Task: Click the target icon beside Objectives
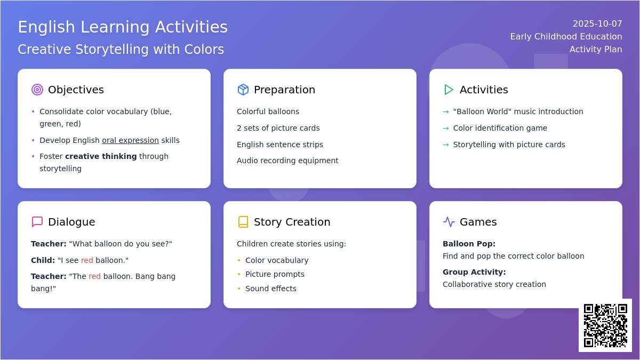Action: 37,90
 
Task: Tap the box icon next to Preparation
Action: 243,90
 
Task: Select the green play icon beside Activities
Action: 449,90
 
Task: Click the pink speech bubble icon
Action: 37,222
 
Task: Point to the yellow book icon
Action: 243,222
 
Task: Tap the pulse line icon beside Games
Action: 449,222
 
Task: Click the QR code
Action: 605,325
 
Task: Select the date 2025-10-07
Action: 597,23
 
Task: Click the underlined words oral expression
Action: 130,140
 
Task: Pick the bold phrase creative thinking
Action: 101,156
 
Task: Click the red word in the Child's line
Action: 87,260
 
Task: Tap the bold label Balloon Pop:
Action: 469,244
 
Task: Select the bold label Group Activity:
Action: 474,272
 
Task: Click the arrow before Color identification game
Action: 446,129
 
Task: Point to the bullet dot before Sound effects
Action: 239,289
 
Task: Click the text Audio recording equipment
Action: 287,161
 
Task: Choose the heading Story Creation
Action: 292,222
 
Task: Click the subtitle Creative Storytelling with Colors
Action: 121,50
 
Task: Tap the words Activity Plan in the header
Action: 596,49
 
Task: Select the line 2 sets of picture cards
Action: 278,128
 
